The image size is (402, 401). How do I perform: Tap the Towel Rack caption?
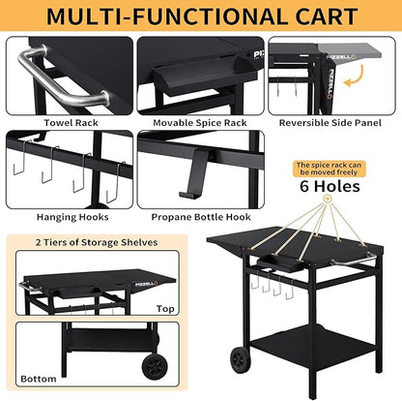pos(67,123)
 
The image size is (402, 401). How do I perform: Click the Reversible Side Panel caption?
pos(332,123)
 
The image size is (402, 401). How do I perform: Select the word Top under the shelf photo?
pos(165,308)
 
